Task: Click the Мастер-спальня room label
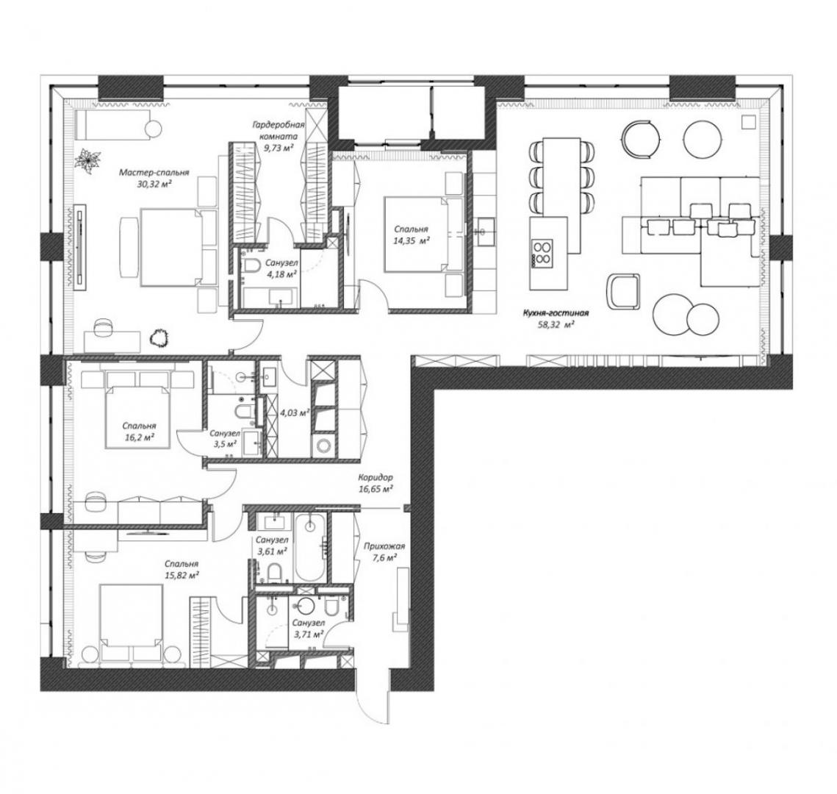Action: point(154,173)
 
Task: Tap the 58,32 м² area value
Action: point(556,323)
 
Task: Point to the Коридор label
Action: point(376,478)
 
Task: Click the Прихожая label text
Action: point(384,546)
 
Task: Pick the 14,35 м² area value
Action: point(411,240)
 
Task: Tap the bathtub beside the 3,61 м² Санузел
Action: point(310,547)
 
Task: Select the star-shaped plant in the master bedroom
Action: point(88,160)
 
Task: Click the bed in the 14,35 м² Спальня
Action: point(418,235)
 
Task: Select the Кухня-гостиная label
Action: point(556,313)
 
